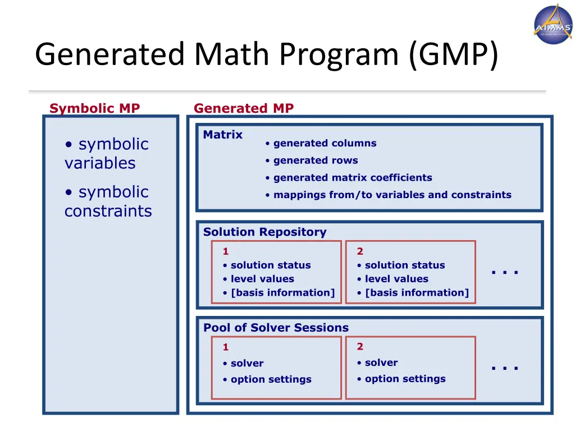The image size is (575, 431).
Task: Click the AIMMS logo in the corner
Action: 553,24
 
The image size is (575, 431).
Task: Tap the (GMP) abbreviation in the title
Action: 453,55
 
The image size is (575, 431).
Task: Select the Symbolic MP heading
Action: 94,108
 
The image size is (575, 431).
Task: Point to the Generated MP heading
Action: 243,108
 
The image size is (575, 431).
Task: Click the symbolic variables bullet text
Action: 107,153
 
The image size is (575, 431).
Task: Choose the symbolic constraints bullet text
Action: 108,201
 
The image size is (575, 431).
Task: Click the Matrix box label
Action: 223,135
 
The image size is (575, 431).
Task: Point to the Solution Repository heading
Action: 264,232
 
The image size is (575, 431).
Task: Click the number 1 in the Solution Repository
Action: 226,251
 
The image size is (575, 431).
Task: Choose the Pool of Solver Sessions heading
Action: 276,328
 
